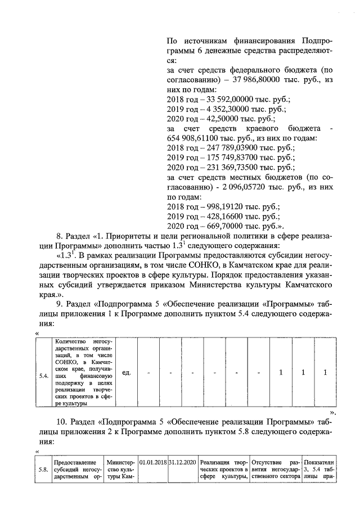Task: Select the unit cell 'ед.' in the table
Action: [x=127, y=372]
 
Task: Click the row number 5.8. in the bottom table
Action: [x=43, y=470]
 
